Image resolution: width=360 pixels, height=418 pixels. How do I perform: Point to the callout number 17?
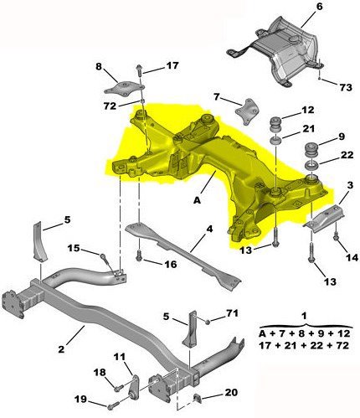coord(172,65)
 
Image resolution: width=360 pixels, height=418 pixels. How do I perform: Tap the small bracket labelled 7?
coord(248,111)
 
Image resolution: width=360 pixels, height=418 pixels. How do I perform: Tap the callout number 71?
coord(232,315)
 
